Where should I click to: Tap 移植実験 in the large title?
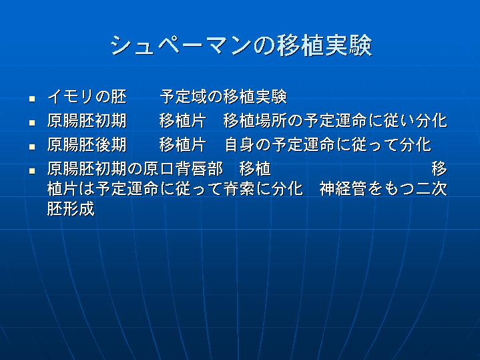pyautogui.click(x=324, y=45)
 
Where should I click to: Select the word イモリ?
pyautogui.click(x=71, y=96)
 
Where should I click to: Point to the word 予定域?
pyautogui.click(x=184, y=96)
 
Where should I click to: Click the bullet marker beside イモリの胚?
pyautogui.click(x=32, y=99)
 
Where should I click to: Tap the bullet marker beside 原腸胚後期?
pyautogui.click(x=32, y=147)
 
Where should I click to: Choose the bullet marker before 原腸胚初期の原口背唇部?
pyautogui.click(x=32, y=171)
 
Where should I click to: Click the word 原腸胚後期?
pyautogui.click(x=87, y=144)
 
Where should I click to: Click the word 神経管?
pyautogui.click(x=343, y=189)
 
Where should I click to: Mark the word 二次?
pyautogui.click(x=431, y=189)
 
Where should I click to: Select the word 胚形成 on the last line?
pyautogui.click(x=71, y=209)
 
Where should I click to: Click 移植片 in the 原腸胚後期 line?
pyautogui.click(x=183, y=144)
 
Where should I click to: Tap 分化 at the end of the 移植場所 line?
pyautogui.click(x=432, y=120)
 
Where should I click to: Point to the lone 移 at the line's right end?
pyautogui.click(x=439, y=168)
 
